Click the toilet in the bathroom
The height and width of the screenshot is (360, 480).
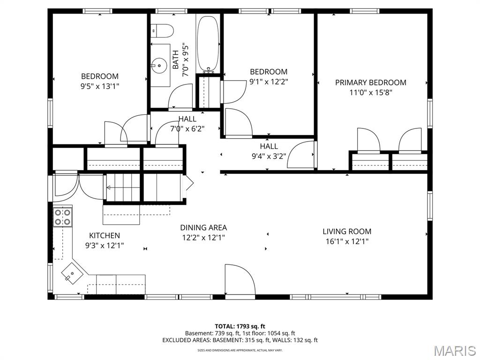tap(162, 30)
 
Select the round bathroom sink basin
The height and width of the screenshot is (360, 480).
tap(160, 65)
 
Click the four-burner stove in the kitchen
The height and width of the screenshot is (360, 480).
tap(62, 217)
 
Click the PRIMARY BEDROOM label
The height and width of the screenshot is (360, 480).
tap(370, 82)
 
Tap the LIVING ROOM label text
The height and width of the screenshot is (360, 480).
tap(347, 232)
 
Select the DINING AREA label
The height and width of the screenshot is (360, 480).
tap(203, 228)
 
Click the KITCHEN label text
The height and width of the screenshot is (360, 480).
tap(105, 235)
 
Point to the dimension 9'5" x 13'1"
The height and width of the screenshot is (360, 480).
tap(100, 86)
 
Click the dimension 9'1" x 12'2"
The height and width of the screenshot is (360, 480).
tap(269, 82)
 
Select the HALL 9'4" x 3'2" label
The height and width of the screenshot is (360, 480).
tap(269, 151)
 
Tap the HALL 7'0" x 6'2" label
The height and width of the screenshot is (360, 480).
tap(187, 124)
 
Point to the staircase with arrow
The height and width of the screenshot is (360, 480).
tap(123, 188)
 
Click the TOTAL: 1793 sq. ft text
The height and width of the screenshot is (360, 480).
tap(240, 326)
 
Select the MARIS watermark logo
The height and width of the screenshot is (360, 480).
tap(454, 350)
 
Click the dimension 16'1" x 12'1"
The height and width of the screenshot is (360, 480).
tap(347, 241)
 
